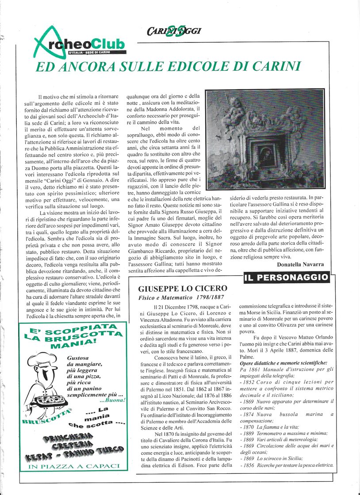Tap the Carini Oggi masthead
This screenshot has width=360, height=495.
coord(174,31)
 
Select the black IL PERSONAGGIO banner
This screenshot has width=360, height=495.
coord(287,278)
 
